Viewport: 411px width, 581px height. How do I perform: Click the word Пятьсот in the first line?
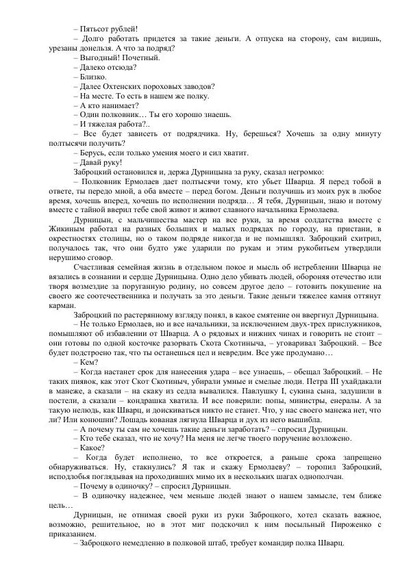(x=95, y=29)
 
